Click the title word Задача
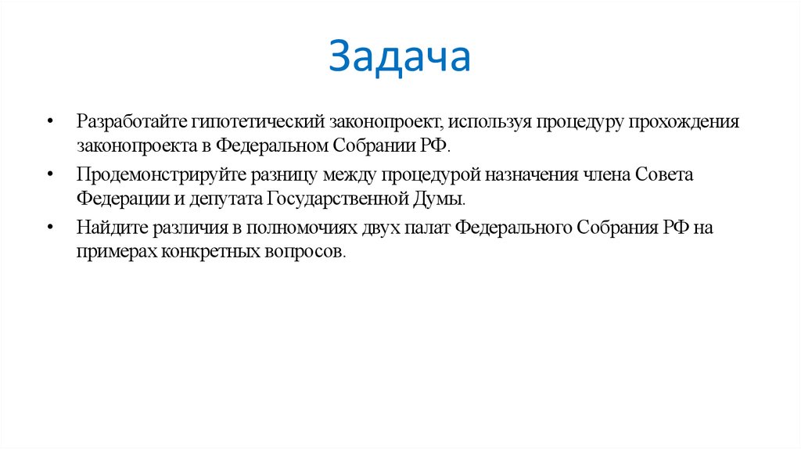tap(400, 58)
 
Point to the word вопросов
tap(305, 251)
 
